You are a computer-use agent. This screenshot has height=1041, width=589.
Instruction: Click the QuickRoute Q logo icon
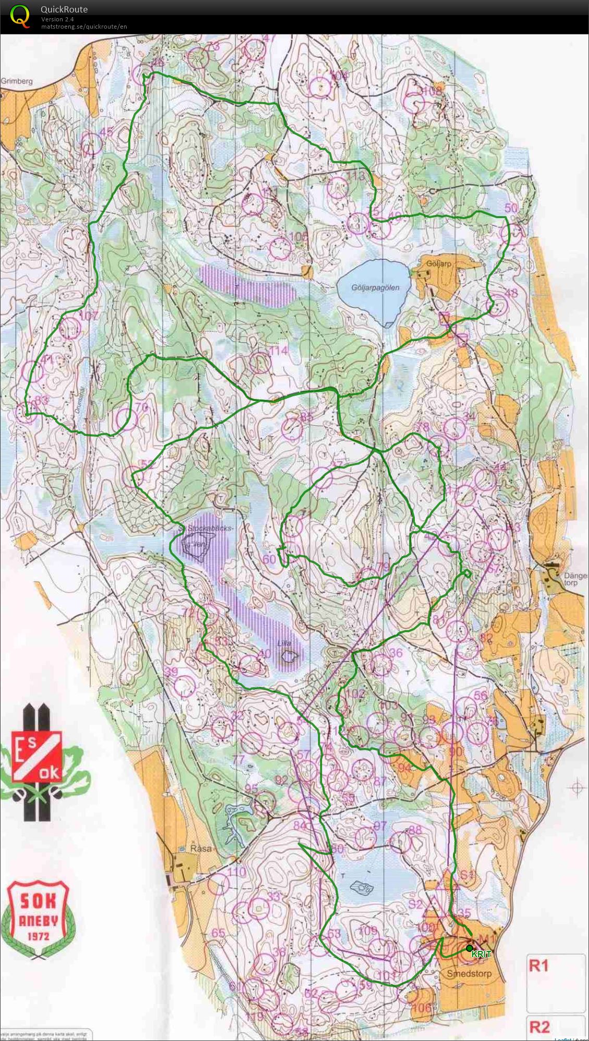point(20,16)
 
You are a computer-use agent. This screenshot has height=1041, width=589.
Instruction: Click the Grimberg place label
point(17,81)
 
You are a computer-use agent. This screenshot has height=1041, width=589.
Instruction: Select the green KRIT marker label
point(481,955)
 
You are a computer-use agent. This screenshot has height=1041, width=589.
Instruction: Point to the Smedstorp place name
point(469,973)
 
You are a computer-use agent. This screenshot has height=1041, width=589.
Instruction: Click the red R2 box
point(541,1027)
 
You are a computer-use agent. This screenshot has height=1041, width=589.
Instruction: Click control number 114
point(278,350)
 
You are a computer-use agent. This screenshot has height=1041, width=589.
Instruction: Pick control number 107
point(88,316)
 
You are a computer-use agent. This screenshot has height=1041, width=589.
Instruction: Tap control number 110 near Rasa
point(236,872)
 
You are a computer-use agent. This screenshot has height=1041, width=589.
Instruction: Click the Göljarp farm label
point(438,264)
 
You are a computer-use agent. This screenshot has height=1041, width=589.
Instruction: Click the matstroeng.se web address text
point(84,27)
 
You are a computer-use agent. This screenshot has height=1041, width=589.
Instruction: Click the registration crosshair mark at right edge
point(577,788)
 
